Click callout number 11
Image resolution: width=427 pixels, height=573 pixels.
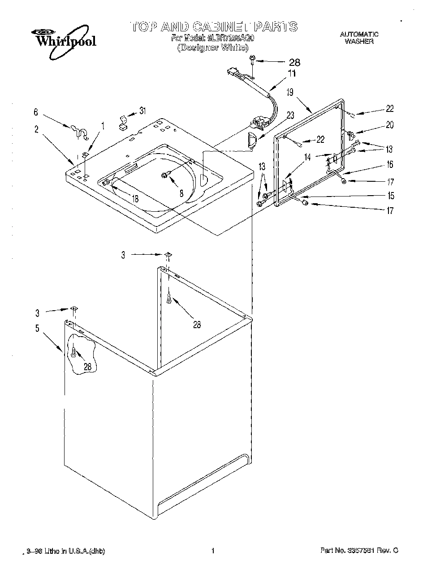pos(292,74)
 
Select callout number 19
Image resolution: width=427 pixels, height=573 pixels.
pos(290,93)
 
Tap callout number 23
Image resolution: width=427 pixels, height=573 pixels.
pos(290,115)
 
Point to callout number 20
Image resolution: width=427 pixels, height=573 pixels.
pos(389,125)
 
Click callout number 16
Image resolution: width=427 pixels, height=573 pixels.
pos(390,165)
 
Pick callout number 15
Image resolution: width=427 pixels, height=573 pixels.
pos(390,196)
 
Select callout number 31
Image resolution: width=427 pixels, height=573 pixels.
pos(142,111)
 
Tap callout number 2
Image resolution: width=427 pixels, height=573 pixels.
pos(36,130)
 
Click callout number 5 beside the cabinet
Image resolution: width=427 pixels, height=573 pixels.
pos(37,328)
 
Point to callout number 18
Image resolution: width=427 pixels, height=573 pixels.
pos(134,199)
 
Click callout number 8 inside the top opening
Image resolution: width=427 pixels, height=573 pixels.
pos(181,194)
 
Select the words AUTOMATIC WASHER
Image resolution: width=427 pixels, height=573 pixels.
pos(359,38)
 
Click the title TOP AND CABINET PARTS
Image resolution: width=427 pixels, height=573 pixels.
pos(214,26)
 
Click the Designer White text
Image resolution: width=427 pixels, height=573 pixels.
pos(212,47)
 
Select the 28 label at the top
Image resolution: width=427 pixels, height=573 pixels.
pos(294,63)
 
